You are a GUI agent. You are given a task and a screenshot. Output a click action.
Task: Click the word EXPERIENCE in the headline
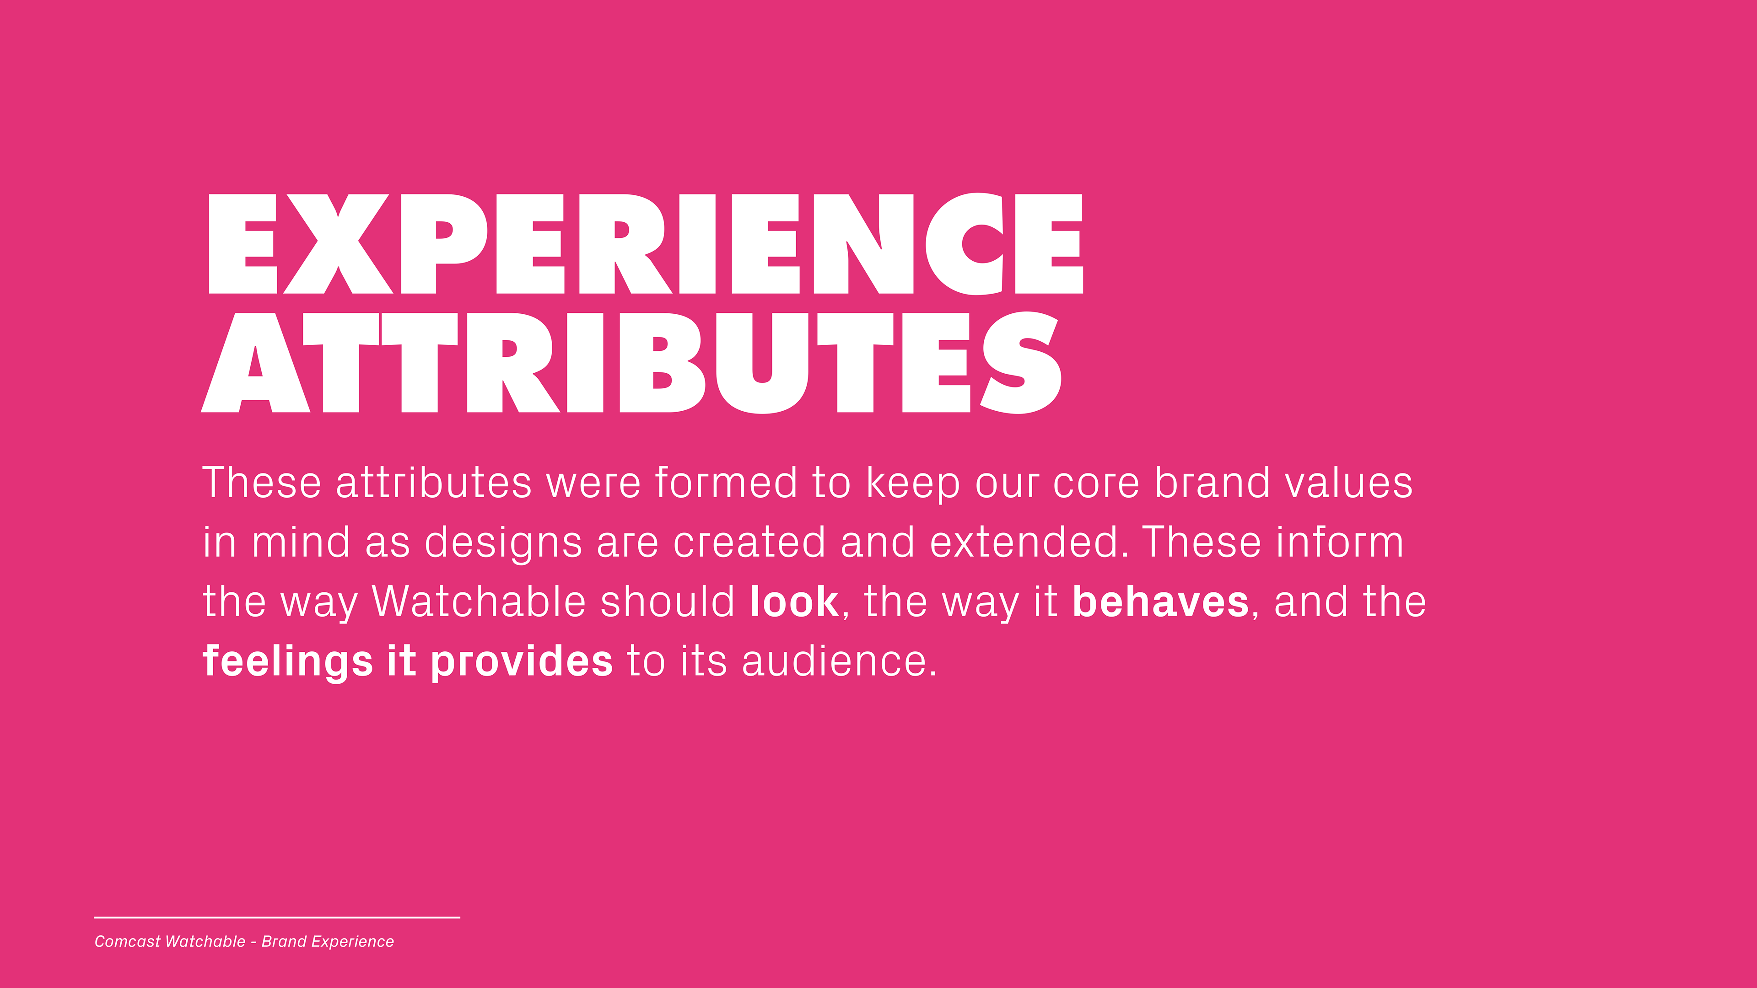pyautogui.click(x=645, y=244)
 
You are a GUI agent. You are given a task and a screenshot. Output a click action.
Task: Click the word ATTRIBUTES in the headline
pyautogui.click(x=631, y=363)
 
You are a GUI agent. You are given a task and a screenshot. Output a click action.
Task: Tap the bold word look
pyautogui.click(x=794, y=601)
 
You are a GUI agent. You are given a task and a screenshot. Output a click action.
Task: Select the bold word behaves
pyautogui.click(x=1160, y=601)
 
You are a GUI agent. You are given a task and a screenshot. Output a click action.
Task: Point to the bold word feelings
pyautogui.click(x=288, y=662)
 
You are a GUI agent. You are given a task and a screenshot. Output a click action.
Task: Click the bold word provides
pyautogui.click(x=522, y=662)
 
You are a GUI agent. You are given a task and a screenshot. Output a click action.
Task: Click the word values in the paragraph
pyautogui.click(x=1348, y=483)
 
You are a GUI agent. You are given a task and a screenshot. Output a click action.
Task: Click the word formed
pyautogui.click(x=726, y=483)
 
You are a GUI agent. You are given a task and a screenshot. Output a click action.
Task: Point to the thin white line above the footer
pyautogui.click(x=277, y=918)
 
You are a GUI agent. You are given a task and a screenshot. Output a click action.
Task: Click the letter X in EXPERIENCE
pyautogui.click(x=338, y=244)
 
